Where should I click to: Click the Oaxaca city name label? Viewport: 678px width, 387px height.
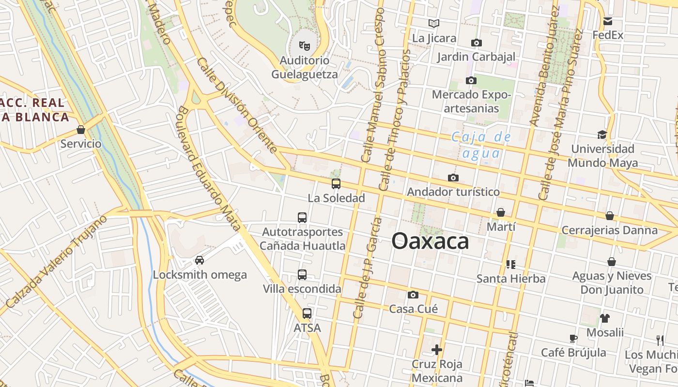click(x=430, y=241)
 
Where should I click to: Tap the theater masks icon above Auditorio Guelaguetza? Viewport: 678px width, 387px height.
click(x=304, y=46)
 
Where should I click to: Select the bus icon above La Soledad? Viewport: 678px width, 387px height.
click(x=336, y=184)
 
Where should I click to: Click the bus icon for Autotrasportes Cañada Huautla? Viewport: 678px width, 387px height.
click(x=302, y=218)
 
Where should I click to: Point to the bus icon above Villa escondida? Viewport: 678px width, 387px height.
click(x=302, y=275)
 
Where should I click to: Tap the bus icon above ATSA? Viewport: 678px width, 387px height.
click(x=307, y=313)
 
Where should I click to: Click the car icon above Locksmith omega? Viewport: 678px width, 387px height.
click(x=199, y=260)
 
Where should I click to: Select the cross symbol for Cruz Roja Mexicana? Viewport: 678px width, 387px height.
click(x=437, y=349)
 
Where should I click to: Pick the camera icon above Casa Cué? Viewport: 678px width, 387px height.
click(x=413, y=295)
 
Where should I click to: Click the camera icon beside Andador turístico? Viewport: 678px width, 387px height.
click(x=453, y=178)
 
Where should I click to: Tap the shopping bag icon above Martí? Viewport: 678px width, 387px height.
click(x=501, y=212)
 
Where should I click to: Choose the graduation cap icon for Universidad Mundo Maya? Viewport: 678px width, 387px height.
click(x=602, y=134)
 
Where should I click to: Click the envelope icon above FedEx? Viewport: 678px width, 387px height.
click(x=608, y=21)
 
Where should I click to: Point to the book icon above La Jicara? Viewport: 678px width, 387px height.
click(x=433, y=23)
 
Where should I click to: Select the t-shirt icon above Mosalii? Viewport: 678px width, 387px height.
click(x=605, y=318)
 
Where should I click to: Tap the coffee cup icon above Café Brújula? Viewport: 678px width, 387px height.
click(x=573, y=338)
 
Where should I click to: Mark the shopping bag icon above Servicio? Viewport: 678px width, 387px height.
click(x=81, y=130)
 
